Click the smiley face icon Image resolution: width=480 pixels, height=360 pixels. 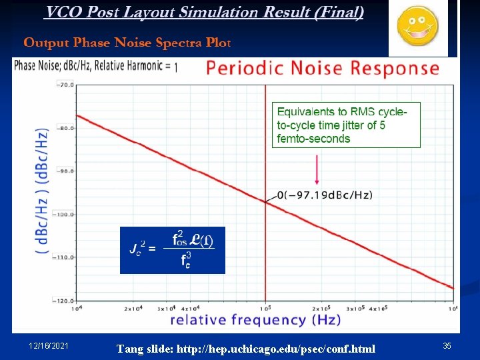coord(417,26)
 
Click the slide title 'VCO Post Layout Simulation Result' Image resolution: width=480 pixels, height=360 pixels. coord(204,13)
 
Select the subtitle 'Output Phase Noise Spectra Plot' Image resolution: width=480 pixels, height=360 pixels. coord(127,43)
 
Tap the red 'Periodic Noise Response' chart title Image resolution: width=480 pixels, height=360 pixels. coord(323,69)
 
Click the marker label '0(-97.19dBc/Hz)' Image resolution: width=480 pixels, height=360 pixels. coord(325,195)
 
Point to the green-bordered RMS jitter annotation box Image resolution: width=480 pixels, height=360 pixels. coord(346,125)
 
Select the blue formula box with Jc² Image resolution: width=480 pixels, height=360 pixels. coord(173,249)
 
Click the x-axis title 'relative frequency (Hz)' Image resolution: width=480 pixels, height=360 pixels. coord(255,320)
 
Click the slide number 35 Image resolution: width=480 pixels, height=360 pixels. coord(446,345)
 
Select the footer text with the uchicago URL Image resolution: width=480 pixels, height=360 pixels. coord(245,349)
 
